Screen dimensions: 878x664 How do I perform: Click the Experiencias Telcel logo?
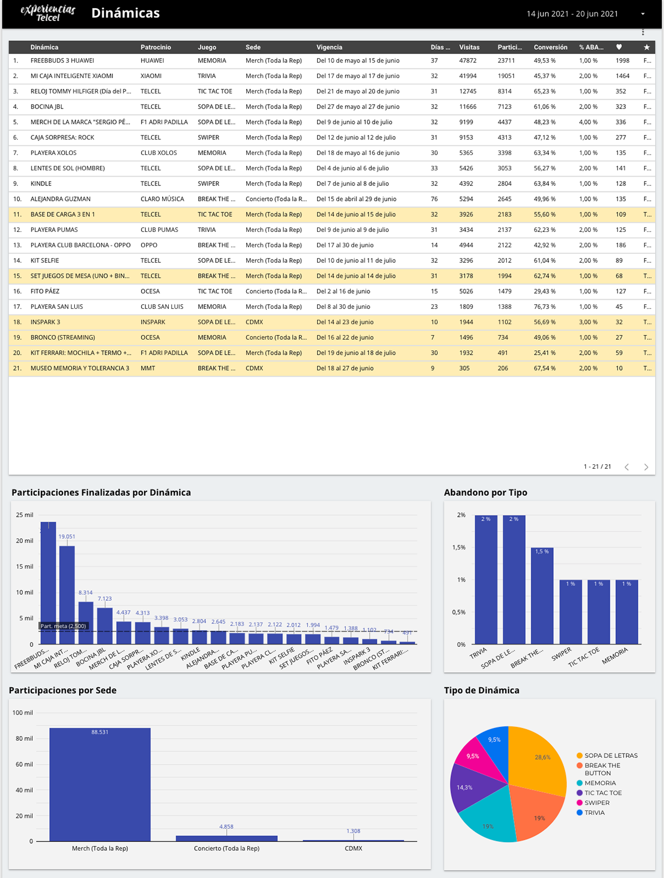pyautogui.click(x=48, y=13)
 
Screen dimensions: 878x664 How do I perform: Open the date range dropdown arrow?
pyautogui.click(x=642, y=14)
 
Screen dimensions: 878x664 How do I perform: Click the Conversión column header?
pyautogui.click(x=550, y=47)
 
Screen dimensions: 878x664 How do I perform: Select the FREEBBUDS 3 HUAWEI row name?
pyautogui.click(x=62, y=61)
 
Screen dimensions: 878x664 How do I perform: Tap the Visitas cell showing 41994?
pyautogui.click(x=468, y=76)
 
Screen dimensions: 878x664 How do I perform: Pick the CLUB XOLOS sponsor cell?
pyautogui.click(x=159, y=153)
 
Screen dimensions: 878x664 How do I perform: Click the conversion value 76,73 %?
pyautogui.click(x=544, y=306)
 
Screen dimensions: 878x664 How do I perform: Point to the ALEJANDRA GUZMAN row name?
pyautogui.click(x=60, y=199)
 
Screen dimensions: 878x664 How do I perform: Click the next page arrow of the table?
pyautogui.click(x=646, y=467)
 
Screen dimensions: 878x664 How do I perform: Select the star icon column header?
pyautogui.click(x=646, y=47)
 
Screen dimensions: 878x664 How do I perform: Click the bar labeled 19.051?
pyautogui.click(x=67, y=595)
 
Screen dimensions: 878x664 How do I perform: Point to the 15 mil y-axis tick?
pyautogui.click(x=24, y=567)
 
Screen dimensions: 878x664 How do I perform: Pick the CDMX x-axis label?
pyautogui.click(x=353, y=848)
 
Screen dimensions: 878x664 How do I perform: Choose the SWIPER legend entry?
pyautogui.click(x=596, y=803)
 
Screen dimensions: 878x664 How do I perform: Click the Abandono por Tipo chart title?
pyautogui.click(x=485, y=492)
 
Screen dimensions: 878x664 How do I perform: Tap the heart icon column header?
pyautogui.click(x=619, y=47)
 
